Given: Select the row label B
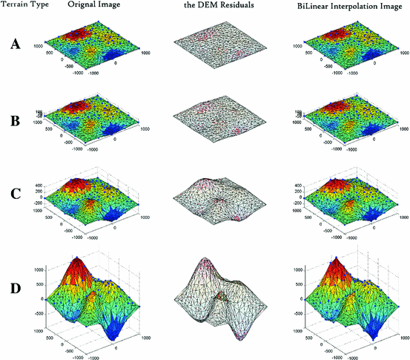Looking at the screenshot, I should pos(15,119).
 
